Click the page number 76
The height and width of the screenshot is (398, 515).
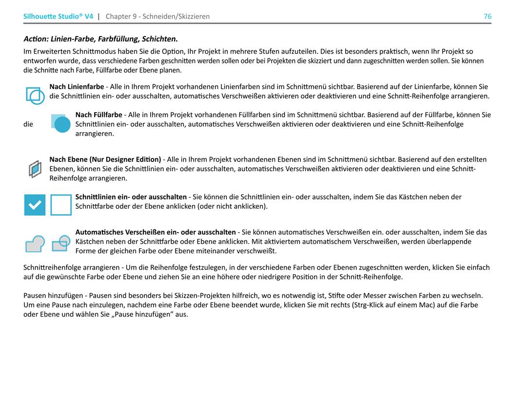pos(487,17)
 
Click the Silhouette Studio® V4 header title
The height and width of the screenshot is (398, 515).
pos(58,17)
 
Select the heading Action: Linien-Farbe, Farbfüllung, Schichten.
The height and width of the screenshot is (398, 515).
pos(100,39)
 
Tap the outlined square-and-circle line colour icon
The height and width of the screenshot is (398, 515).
pos(35,95)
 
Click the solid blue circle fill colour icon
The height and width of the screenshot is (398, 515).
pos(61,124)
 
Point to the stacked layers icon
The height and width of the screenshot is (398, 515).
pos(35,169)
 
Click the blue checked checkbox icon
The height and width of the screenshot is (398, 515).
pos(35,205)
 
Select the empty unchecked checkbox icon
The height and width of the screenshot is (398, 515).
pos(61,205)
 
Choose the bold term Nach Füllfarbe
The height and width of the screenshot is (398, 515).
pos(99,115)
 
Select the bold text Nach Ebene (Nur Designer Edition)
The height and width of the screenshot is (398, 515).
pos(105,159)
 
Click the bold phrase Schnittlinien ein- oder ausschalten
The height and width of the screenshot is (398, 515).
pos(131,197)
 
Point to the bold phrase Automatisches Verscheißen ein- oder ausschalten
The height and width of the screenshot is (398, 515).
pos(155,232)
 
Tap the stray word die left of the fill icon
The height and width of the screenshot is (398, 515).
pos(28,124)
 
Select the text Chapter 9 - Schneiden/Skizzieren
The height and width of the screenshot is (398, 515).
pos(158,17)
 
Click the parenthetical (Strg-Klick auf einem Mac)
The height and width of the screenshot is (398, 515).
pos(392,305)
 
